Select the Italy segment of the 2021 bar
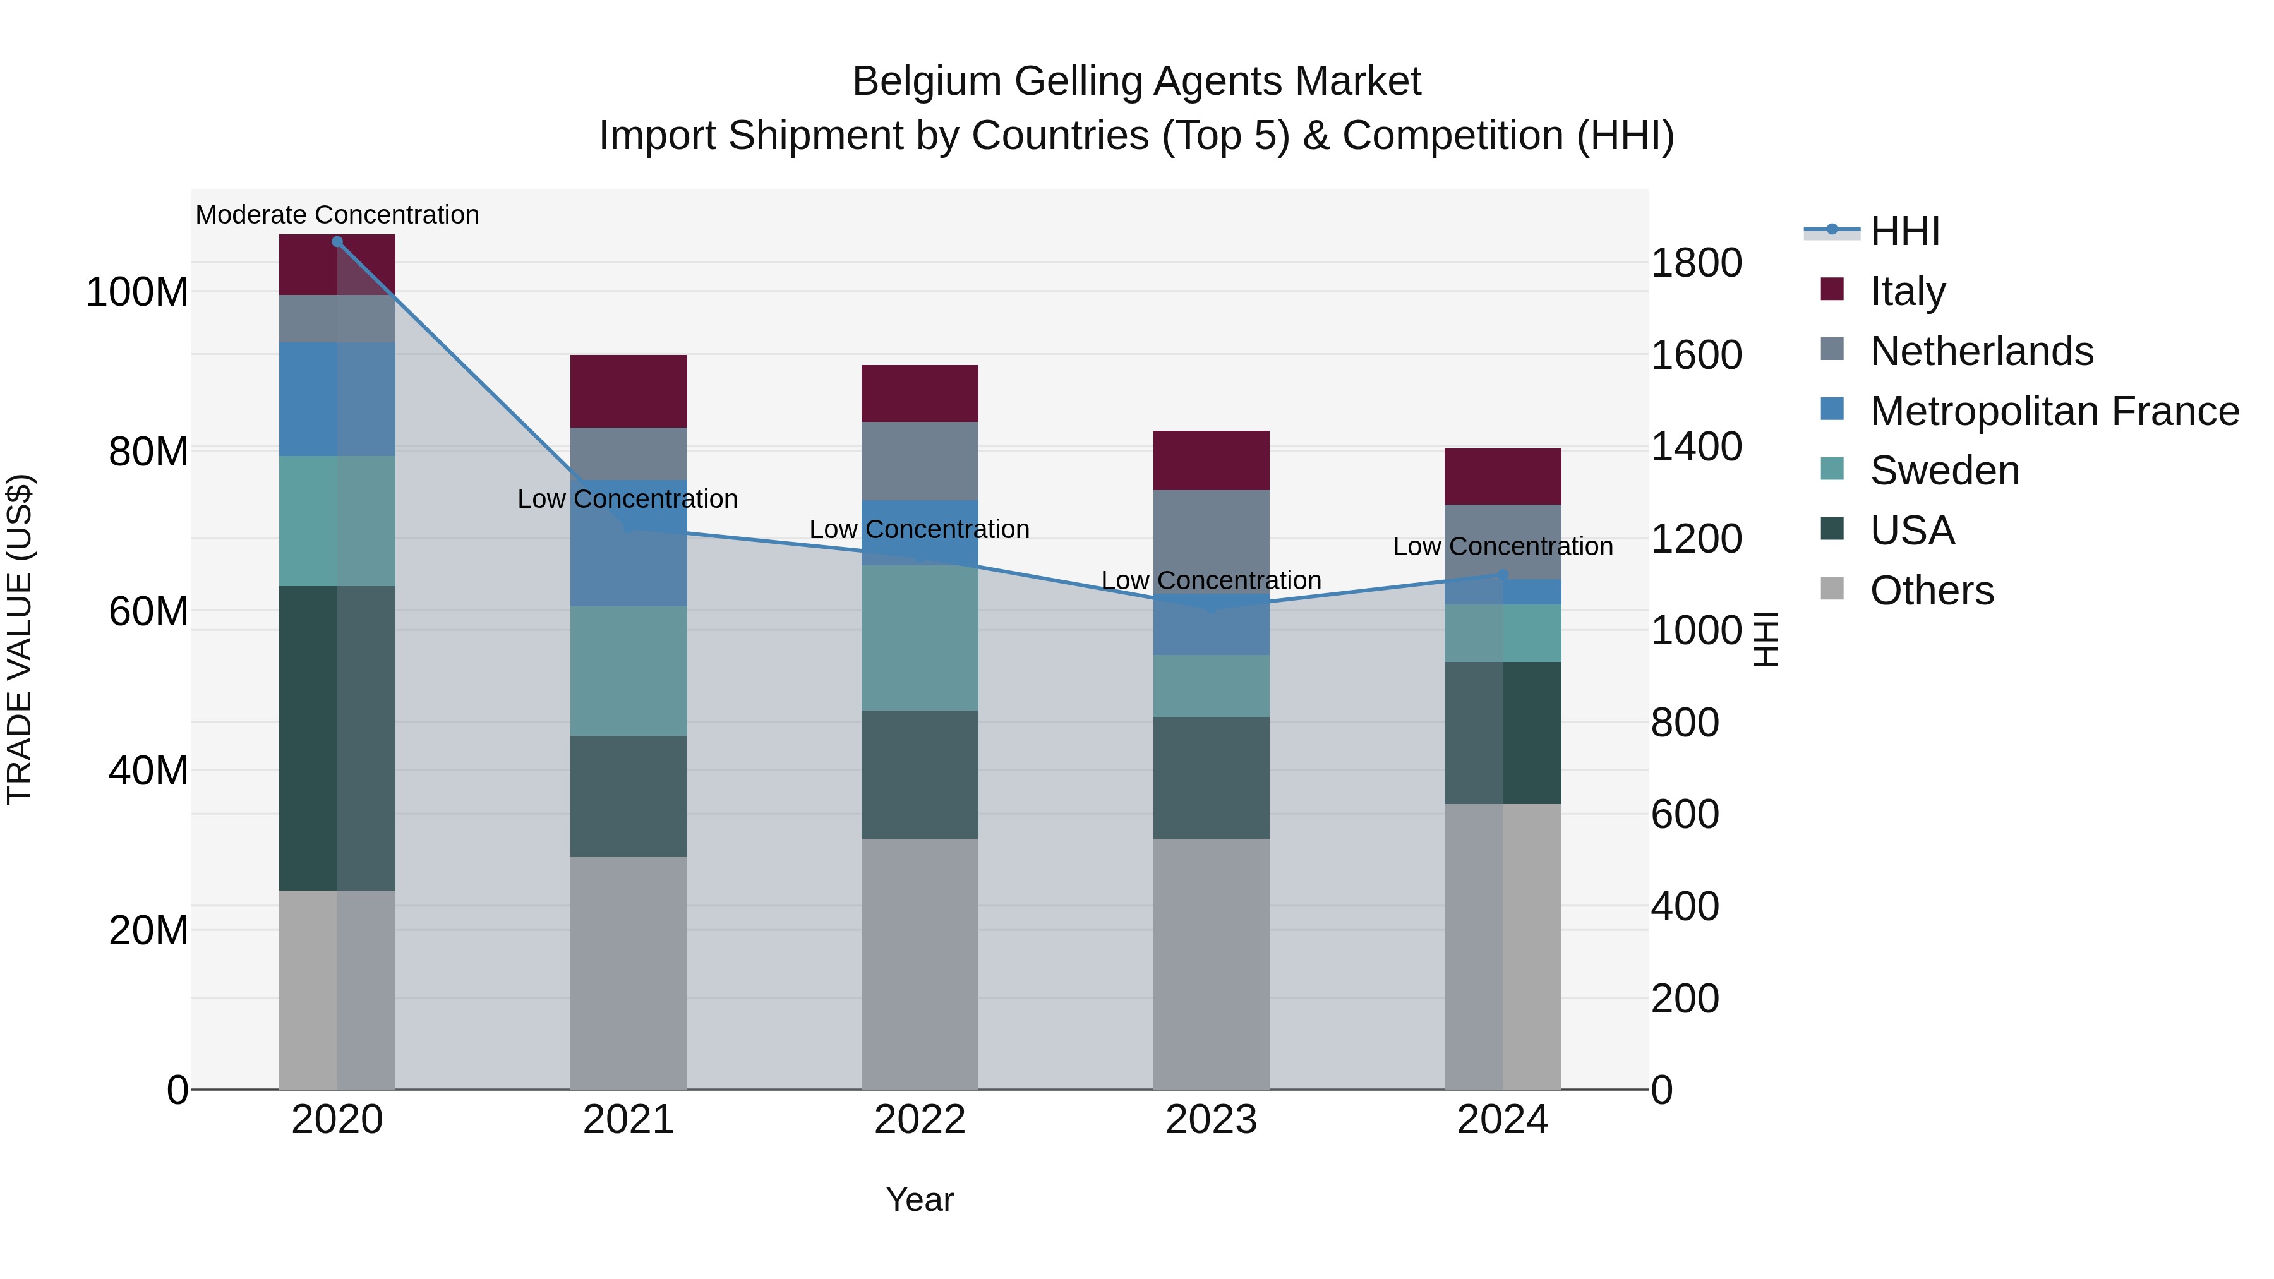tap(628, 391)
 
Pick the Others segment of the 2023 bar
tap(1210, 963)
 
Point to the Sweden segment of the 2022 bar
tap(919, 637)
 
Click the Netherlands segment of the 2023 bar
tap(1210, 540)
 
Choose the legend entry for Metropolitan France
tap(2054, 411)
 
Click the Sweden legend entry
tap(1944, 471)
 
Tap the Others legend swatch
tap(1832, 589)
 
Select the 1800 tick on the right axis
tap(1695, 263)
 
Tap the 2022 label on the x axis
tap(919, 1119)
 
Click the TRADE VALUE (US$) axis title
tap(20, 639)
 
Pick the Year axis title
tap(919, 1199)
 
